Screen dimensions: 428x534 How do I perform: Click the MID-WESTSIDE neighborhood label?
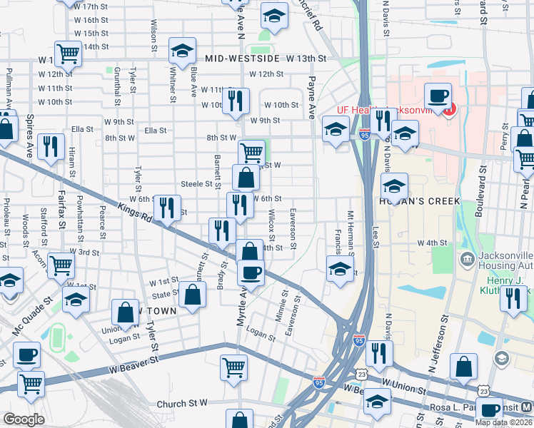(x=243, y=58)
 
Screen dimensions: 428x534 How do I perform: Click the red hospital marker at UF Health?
(x=448, y=111)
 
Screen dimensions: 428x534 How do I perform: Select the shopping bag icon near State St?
(x=192, y=294)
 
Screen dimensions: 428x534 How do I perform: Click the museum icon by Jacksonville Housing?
(x=468, y=258)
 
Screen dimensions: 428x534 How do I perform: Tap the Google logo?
(x=24, y=419)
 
